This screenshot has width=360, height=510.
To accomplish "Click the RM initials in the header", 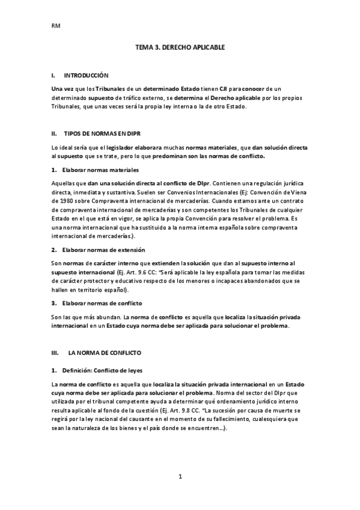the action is pos(55,26).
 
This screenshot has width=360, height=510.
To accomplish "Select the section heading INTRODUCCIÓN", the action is pos(86,76).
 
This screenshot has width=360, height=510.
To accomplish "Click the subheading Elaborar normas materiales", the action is pos(99,170).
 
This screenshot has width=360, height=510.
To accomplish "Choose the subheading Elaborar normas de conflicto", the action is pos(100,303).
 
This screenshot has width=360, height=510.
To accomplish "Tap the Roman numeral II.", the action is pos(54,133).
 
